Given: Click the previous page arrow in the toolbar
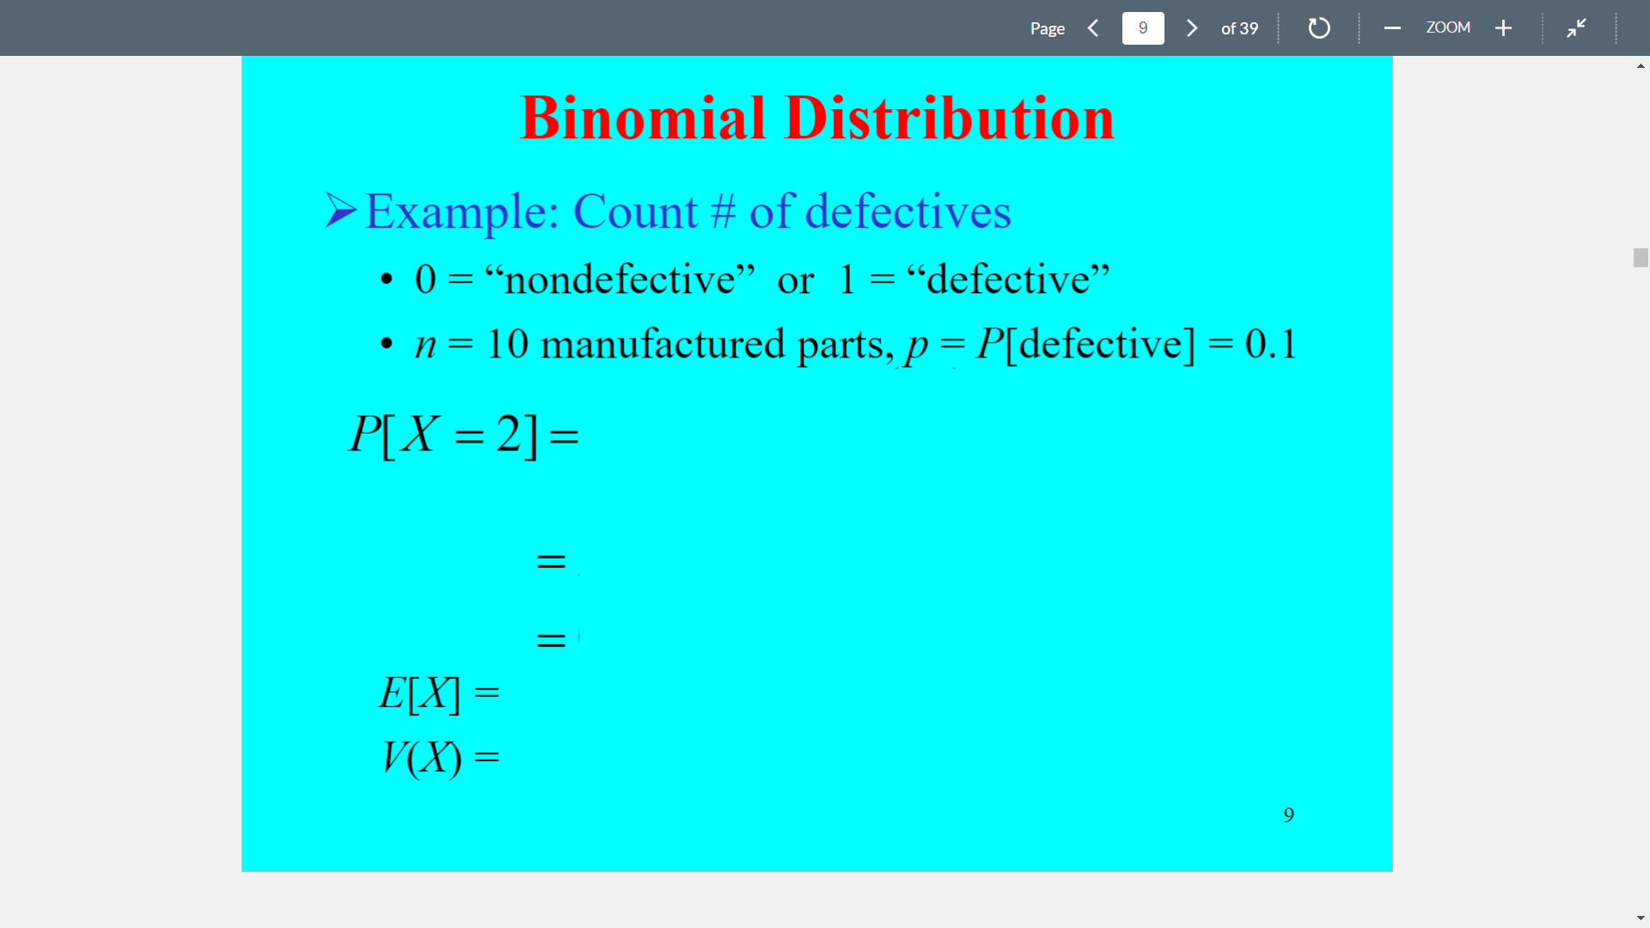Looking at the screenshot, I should coord(1093,28).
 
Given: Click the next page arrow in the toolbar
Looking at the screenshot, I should coord(1192,28).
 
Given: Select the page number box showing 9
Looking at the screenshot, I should coord(1143,28).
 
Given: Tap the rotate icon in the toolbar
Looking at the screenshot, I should coord(1319,28).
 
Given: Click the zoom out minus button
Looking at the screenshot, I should coord(1392,28).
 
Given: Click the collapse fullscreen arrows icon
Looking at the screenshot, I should coord(1576,28).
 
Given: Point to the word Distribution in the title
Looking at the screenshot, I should coord(950,118).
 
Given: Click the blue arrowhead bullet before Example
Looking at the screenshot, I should coord(340,211).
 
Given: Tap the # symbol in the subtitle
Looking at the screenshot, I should coord(724,211).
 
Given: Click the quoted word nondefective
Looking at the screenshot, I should coord(620,279).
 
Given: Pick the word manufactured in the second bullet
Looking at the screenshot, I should coord(663,344).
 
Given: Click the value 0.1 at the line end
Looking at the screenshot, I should coord(1270,344).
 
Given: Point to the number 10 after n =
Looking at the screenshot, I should coord(507,344).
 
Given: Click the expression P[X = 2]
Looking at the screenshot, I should coord(443,434).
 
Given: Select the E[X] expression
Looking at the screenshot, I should coord(419,693).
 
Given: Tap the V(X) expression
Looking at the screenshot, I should coord(422,758).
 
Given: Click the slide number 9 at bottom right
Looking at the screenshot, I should coord(1288,815).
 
